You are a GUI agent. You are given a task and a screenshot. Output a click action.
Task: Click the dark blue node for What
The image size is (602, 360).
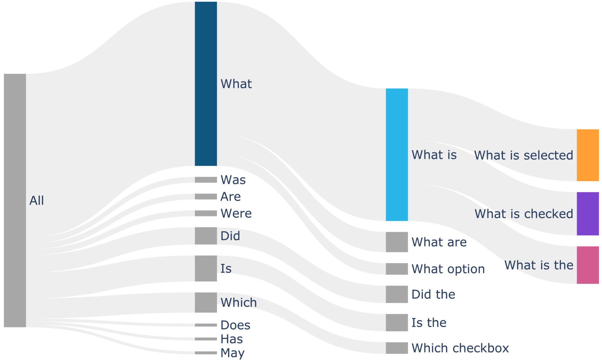tap(206, 84)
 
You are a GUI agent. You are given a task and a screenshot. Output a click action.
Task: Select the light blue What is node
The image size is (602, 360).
tap(397, 155)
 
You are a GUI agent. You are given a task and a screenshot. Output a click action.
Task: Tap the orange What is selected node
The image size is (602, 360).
tap(588, 155)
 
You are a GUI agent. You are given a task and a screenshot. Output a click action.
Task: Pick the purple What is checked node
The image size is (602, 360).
tap(588, 214)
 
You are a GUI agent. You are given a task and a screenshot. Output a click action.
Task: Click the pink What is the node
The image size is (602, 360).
tap(588, 265)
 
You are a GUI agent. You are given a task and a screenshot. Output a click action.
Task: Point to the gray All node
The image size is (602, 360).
tap(15, 200)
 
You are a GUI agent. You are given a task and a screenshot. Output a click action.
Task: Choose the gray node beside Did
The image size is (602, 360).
tap(206, 236)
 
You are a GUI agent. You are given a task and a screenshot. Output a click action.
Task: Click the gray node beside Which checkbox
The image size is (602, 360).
tap(397, 348)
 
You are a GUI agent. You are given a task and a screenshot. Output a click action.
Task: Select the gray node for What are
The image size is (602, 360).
tap(397, 242)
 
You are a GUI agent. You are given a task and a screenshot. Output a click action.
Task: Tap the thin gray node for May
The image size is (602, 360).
tap(206, 353)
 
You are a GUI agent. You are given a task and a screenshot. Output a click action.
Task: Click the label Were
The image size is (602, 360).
tap(236, 214)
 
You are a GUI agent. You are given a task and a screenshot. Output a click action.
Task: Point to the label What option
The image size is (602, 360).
tap(448, 269)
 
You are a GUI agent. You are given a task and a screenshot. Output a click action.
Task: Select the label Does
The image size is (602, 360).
tap(235, 325)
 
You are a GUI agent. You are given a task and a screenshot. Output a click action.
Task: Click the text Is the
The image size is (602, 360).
tap(429, 323)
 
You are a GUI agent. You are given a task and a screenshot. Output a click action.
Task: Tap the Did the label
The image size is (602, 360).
tap(433, 294)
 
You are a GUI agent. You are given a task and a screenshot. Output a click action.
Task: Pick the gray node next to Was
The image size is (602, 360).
tap(206, 180)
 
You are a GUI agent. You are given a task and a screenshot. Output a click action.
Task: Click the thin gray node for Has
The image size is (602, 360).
tap(206, 339)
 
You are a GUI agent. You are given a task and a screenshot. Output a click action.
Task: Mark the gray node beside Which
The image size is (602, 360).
tap(206, 302)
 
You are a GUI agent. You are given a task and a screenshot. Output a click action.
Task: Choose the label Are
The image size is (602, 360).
tap(231, 196)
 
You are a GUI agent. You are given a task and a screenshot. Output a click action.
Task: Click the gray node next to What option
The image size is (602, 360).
tap(397, 269)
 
